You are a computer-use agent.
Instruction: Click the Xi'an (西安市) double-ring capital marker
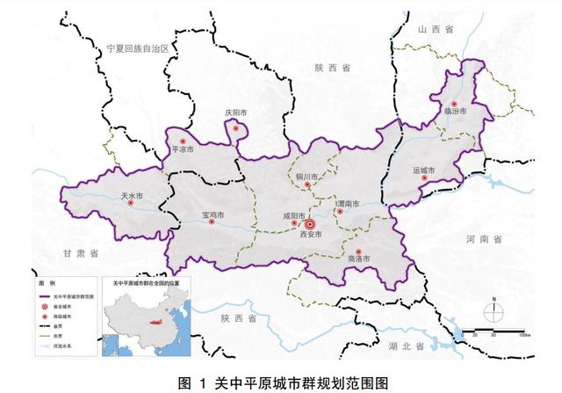309,224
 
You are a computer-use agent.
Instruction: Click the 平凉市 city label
182,149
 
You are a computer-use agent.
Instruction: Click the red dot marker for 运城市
425,178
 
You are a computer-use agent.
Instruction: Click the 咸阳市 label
293,216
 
